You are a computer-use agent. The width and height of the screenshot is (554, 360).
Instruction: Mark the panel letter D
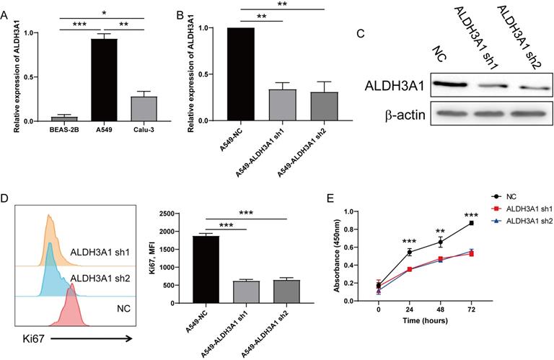pos(7,198)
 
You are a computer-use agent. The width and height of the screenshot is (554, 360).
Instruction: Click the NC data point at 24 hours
pos(410,252)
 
